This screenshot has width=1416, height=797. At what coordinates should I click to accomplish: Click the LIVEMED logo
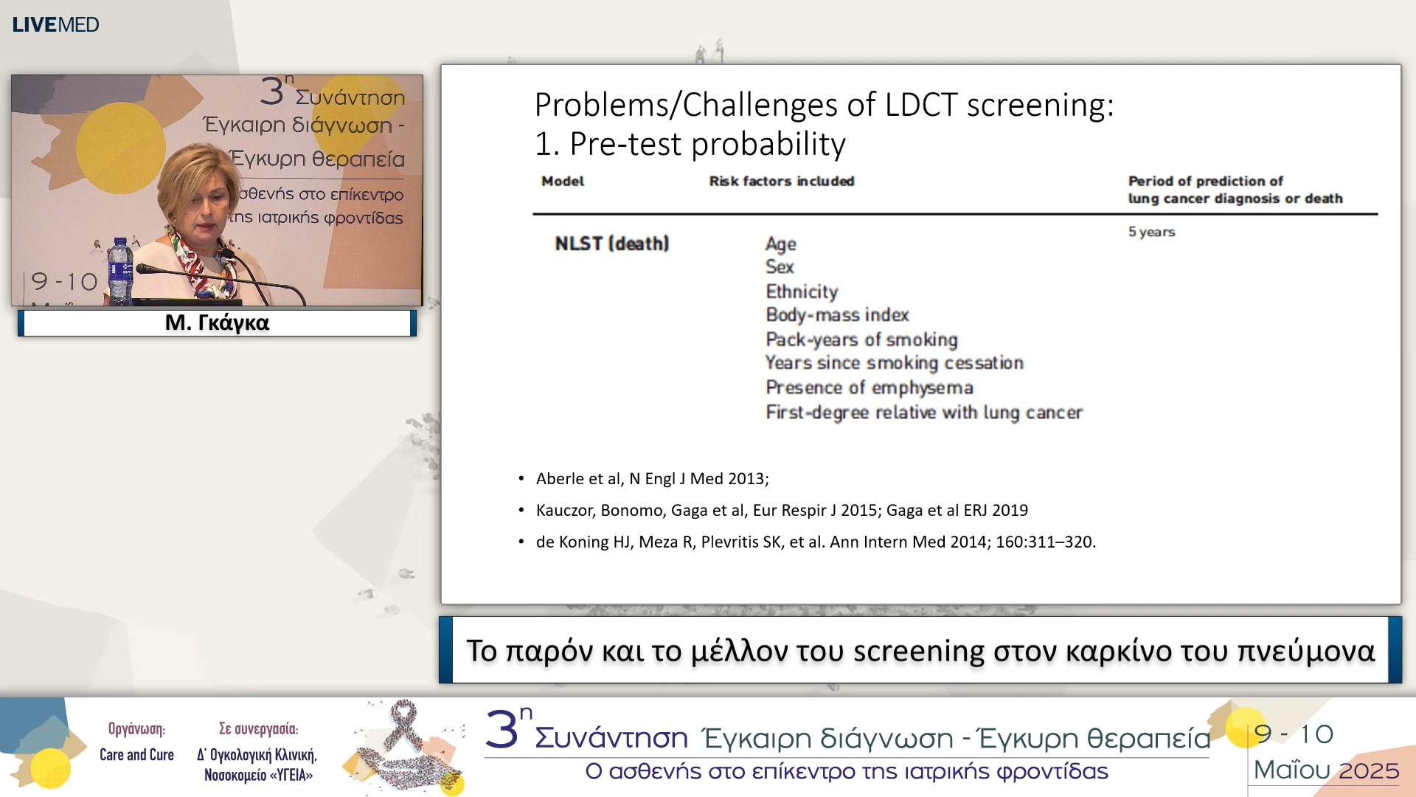[55, 24]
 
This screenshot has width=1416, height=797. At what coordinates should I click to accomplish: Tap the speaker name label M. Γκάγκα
[217, 322]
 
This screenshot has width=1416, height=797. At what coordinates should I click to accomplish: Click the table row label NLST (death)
[611, 244]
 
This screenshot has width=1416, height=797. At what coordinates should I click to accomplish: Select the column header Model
[563, 181]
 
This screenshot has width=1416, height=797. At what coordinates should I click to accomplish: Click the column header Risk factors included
[781, 181]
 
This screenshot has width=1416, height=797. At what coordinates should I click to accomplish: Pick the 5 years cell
[1151, 232]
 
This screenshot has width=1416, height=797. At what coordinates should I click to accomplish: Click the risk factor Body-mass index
[837, 315]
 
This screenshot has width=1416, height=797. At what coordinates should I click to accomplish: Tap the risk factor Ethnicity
[802, 291]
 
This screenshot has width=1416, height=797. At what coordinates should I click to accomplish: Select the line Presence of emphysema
[869, 387]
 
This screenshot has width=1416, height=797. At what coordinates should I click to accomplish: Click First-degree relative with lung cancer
[923, 413]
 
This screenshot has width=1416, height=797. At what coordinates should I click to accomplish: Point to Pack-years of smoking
[861, 339]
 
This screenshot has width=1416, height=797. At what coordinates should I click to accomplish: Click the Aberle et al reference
[652, 479]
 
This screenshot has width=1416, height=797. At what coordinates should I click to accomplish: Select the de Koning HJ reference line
[815, 542]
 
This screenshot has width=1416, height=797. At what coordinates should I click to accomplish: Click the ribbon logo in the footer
[406, 745]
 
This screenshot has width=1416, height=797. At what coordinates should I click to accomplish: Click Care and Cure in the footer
[136, 755]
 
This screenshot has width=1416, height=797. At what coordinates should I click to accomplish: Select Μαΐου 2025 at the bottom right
[1326, 770]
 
